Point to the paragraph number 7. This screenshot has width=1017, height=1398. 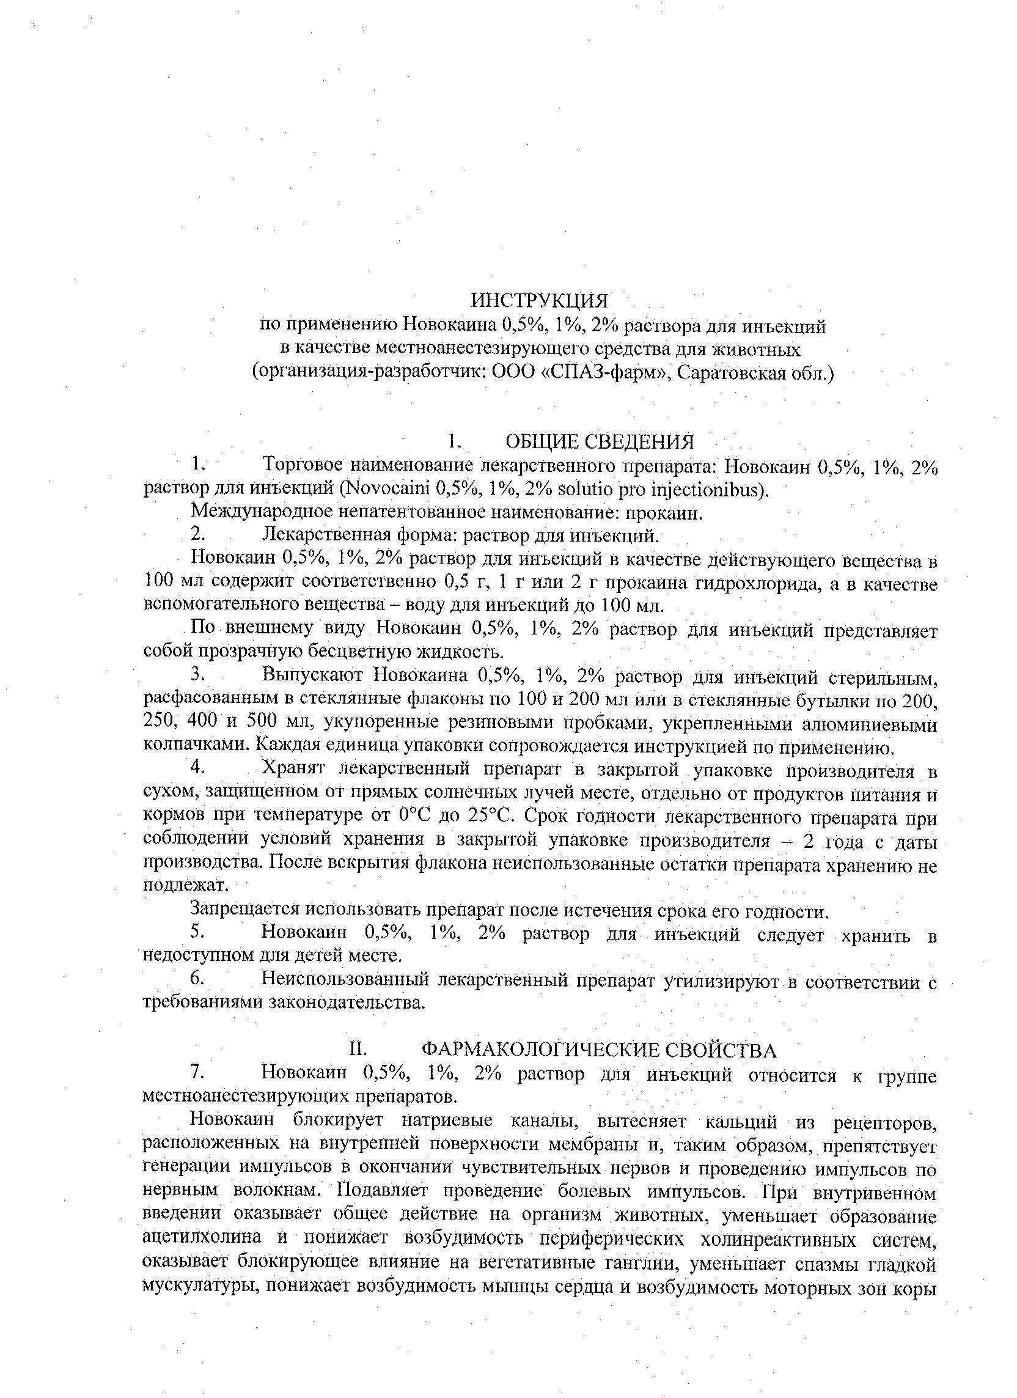pos(196,1073)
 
